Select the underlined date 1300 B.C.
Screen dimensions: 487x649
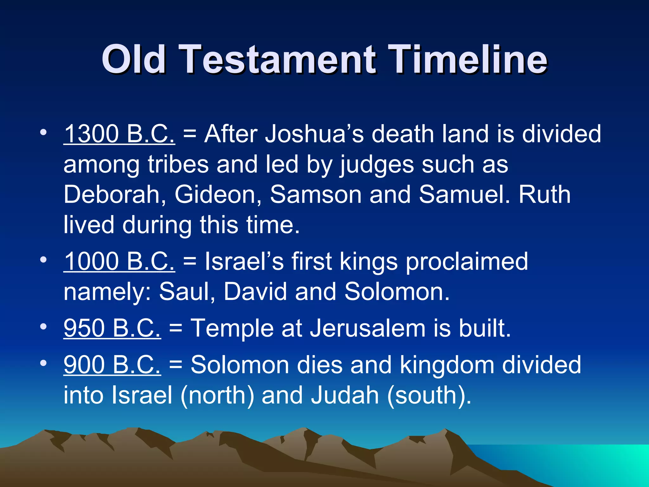pyautogui.click(x=119, y=134)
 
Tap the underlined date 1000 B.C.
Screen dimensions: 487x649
pyautogui.click(x=119, y=262)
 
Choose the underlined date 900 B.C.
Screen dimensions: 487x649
pyautogui.click(x=112, y=365)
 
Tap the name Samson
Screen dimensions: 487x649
pyautogui.click(x=316, y=195)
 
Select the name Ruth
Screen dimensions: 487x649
pyautogui.click(x=544, y=195)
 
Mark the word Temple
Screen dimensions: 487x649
pyautogui.click(x=232, y=329)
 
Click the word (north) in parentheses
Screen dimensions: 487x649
pyautogui.click(x=217, y=395)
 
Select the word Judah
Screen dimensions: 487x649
pyautogui.click(x=345, y=395)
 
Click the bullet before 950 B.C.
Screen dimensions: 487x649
pyautogui.click(x=43, y=326)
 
